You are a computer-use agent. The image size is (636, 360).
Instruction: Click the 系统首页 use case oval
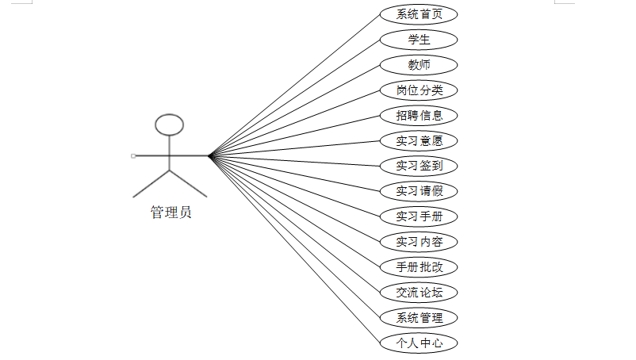tap(419, 14)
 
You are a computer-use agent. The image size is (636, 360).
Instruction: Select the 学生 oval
tap(419, 40)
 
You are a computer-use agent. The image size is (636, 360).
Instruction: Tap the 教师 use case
tap(419, 65)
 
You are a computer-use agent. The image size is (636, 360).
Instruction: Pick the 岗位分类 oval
tap(419, 90)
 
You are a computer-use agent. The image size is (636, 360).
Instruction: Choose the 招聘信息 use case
tap(419, 116)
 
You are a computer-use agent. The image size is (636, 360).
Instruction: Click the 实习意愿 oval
tap(419, 141)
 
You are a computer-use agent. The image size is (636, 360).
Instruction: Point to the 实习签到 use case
tap(419, 167)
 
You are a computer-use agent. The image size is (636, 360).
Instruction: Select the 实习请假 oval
tap(419, 191)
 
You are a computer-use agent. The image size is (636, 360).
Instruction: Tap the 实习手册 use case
tap(419, 216)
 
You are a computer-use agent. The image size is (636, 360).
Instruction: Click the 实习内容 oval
tap(419, 242)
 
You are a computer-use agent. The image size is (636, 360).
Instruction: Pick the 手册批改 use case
tap(419, 267)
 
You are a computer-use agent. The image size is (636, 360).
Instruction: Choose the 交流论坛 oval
tap(419, 293)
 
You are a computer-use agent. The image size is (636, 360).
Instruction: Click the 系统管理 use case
tap(419, 318)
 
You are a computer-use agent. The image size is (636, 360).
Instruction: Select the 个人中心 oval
tap(419, 343)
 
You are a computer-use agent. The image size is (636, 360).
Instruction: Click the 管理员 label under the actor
tap(170, 213)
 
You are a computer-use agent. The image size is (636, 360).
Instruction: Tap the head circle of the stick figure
tap(169, 124)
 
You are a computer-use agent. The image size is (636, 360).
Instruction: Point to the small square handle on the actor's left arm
tap(133, 155)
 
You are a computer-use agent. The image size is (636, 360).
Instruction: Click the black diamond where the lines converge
tap(210, 155)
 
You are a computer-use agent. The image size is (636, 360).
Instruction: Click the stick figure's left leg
tap(151, 183)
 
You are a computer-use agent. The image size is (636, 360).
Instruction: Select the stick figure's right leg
tap(189, 183)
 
